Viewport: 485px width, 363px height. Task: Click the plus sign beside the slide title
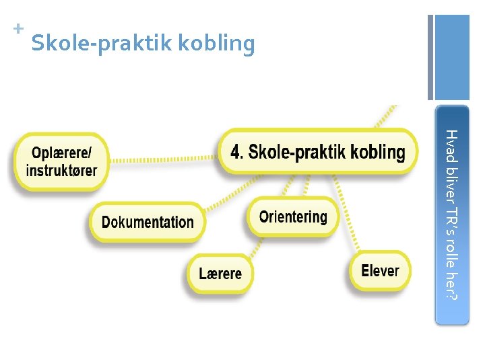coord(18,29)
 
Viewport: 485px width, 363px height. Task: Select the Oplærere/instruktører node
coord(61,162)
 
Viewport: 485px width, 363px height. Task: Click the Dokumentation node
coord(148,222)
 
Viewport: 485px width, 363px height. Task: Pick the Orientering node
coord(293,216)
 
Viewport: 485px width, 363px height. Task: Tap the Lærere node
coord(220,274)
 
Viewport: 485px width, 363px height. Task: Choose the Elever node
coord(380,271)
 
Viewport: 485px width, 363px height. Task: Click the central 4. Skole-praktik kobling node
coord(318,152)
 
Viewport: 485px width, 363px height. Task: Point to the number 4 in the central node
coord(236,152)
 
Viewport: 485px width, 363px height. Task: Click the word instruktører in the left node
coord(61,171)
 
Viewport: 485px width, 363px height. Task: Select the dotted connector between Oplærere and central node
coord(164,159)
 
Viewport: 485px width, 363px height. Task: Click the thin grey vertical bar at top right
coord(430,57)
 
